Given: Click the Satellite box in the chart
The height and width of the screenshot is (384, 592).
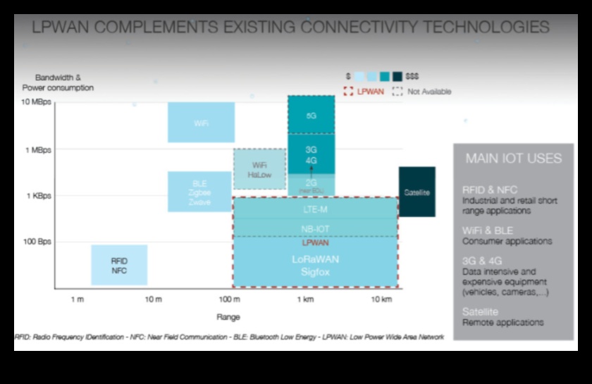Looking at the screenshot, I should (x=417, y=192).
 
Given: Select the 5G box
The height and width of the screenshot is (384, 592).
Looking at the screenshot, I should (x=311, y=115).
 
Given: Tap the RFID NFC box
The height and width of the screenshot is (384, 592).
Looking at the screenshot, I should (x=119, y=265).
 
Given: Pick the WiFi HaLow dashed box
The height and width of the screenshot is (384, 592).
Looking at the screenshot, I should (x=259, y=169).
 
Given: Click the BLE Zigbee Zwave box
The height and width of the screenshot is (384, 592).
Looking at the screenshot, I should (x=199, y=192).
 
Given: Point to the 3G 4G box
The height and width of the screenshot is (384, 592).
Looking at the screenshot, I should (x=311, y=154).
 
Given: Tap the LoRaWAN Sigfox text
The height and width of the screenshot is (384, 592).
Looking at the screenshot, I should (x=315, y=264).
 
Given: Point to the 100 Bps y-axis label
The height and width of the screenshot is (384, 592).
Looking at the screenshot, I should (x=38, y=241).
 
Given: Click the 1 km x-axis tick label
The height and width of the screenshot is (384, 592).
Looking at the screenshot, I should (x=304, y=299).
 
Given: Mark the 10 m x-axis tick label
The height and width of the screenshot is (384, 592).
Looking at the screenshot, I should (x=153, y=299).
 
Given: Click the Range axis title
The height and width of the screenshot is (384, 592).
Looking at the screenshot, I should (x=228, y=316).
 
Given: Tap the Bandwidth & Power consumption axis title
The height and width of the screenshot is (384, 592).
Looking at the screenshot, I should (x=58, y=83).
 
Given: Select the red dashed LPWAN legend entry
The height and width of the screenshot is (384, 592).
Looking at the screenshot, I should (x=364, y=92).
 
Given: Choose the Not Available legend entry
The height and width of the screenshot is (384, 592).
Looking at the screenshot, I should (x=422, y=92).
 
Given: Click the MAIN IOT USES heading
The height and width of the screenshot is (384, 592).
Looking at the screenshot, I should (x=513, y=159).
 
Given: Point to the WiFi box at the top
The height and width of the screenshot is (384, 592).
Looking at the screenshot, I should (x=201, y=123).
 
